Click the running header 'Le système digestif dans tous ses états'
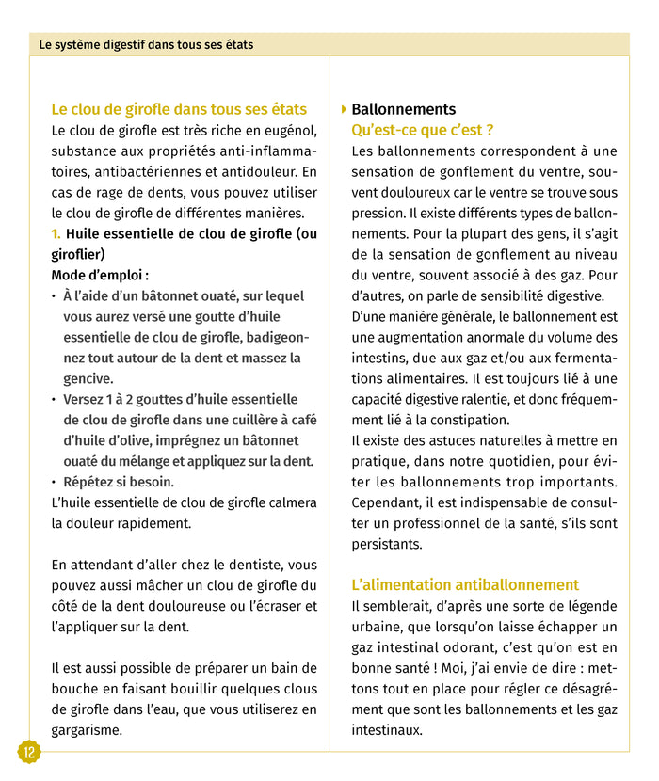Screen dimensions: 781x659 (x=140, y=44)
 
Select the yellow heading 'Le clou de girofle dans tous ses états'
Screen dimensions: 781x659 (x=179, y=109)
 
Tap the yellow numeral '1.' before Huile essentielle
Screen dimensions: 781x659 (x=56, y=233)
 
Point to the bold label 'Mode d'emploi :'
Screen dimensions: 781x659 (x=100, y=275)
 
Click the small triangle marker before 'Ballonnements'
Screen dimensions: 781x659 (x=344, y=109)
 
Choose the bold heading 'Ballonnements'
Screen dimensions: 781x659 (x=403, y=109)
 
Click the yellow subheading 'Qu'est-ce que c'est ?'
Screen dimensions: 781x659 (x=422, y=130)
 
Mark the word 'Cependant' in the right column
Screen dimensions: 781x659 (x=386, y=502)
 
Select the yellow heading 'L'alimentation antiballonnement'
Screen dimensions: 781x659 (x=465, y=584)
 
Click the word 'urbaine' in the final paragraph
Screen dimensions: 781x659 (x=378, y=627)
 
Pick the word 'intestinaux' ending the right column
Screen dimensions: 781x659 (x=387, y=730)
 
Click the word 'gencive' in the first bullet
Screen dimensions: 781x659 (x=88, y=378)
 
